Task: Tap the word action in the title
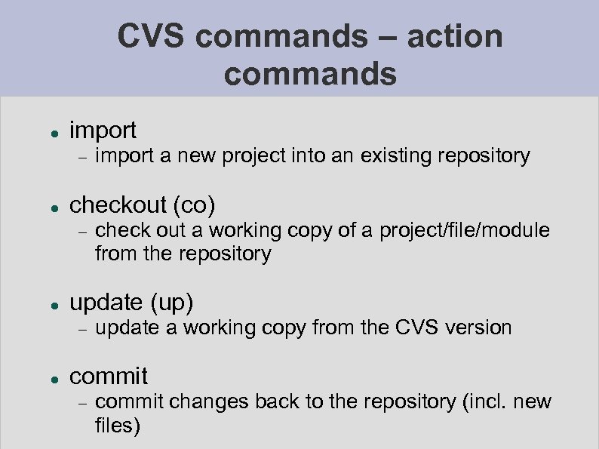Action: point(456,36)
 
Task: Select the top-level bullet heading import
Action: point(103,131)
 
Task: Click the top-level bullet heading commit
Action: point(109,375)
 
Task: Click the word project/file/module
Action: point(464,229)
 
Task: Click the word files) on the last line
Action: point(118,426)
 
